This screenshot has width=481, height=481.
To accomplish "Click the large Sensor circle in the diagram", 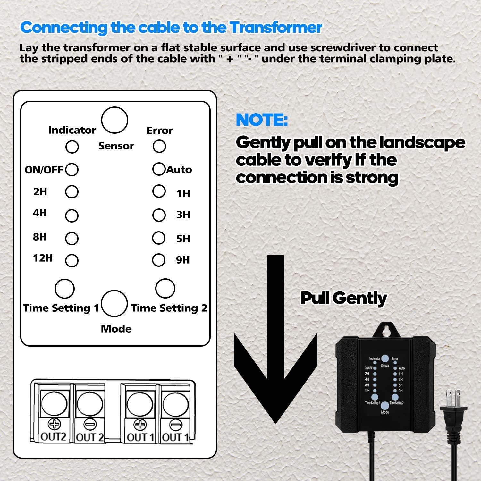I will pyautogui.click(x=114, y=120).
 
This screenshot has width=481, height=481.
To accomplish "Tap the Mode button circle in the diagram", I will pyautogui.click(x=114, y=303).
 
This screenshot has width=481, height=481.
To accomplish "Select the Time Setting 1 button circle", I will pyautogui.click(x=64, y=288).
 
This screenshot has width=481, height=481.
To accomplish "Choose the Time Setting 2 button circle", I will pyautogui.click(x=165, y=288).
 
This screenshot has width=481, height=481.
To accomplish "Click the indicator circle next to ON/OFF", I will pyautogui.click(x=72, y=170).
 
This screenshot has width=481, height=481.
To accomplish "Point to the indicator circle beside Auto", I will pyautogui.click(x=159, y=169).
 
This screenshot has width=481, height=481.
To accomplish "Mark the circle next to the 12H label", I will pyautogui.click(x=72, y=260).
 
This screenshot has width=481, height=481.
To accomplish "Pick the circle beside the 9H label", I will pyautogui.click(x=159, y=260).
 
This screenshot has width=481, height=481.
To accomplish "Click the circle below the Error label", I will pyautogui.click(x=159, y=146).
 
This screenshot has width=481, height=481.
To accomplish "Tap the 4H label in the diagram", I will pyautogui.click(x=40, y=213).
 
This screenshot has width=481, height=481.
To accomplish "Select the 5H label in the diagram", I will pyautogui.click(x=183, y=239).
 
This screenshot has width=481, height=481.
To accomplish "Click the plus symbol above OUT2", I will pyautogui.click(x=54, y=424).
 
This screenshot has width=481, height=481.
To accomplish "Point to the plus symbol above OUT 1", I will pyautogui.click(x=139, y=425).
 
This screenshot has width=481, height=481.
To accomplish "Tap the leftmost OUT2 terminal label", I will pyautogui.click(x=54, y=437).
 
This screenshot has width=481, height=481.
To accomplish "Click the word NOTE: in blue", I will pyautogui.click(x=262, y=120).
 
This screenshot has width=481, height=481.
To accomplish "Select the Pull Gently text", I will pyautogui.click(x=344, y=298).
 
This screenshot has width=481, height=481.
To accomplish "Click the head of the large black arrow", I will pyautogui.click(x=275, y=385).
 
